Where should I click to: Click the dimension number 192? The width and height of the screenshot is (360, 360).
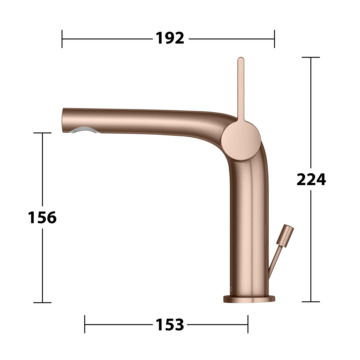(x=170, y=38)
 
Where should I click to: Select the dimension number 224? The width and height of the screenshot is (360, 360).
(x=311, y=179)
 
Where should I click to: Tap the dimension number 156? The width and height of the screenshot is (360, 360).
(x=42, y=217)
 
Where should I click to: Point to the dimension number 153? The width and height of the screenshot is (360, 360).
(x=170, y=325)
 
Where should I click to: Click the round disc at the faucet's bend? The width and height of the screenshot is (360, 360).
(x=241, y=141)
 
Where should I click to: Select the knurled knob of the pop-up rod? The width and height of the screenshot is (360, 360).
(x=285, y=236)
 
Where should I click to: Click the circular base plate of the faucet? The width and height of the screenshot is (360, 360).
(x=249, y=299)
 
